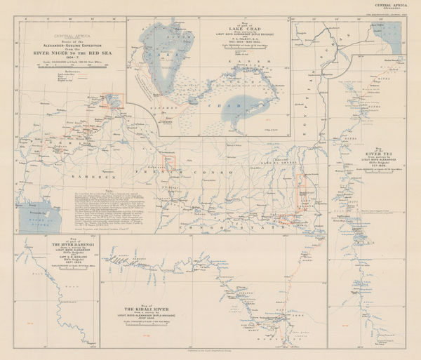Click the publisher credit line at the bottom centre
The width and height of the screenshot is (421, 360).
(210, 355)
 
